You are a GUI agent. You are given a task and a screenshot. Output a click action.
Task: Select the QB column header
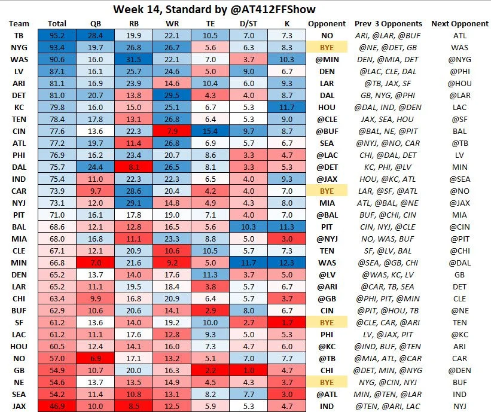pyautogui.click(x=95, y=23)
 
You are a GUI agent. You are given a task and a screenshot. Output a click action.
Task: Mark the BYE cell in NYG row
pyautogui.click(x=327, y=47)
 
